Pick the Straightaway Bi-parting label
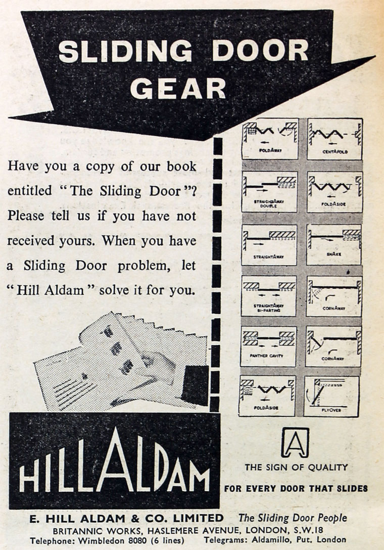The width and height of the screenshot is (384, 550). pos(268,308)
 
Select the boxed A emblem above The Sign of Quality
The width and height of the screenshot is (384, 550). pos(295,442)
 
